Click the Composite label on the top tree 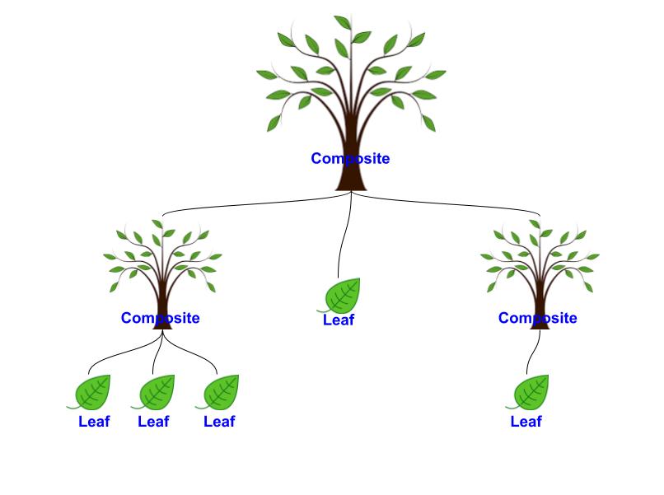pos(350,159)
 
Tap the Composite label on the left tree pos(160,318)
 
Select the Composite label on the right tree pos(537,318)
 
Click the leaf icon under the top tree pos(342,296)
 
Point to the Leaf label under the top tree pos(338,320)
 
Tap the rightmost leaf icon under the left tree pos(220,392)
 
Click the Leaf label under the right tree pos(526,422)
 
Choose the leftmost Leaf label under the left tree pos(94,422)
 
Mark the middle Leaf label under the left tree pos(153,422)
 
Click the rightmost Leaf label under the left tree pos(219,422)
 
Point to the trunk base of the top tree pos(351,183)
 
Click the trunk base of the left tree pos(162,324)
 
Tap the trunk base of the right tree pos(540,324)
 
